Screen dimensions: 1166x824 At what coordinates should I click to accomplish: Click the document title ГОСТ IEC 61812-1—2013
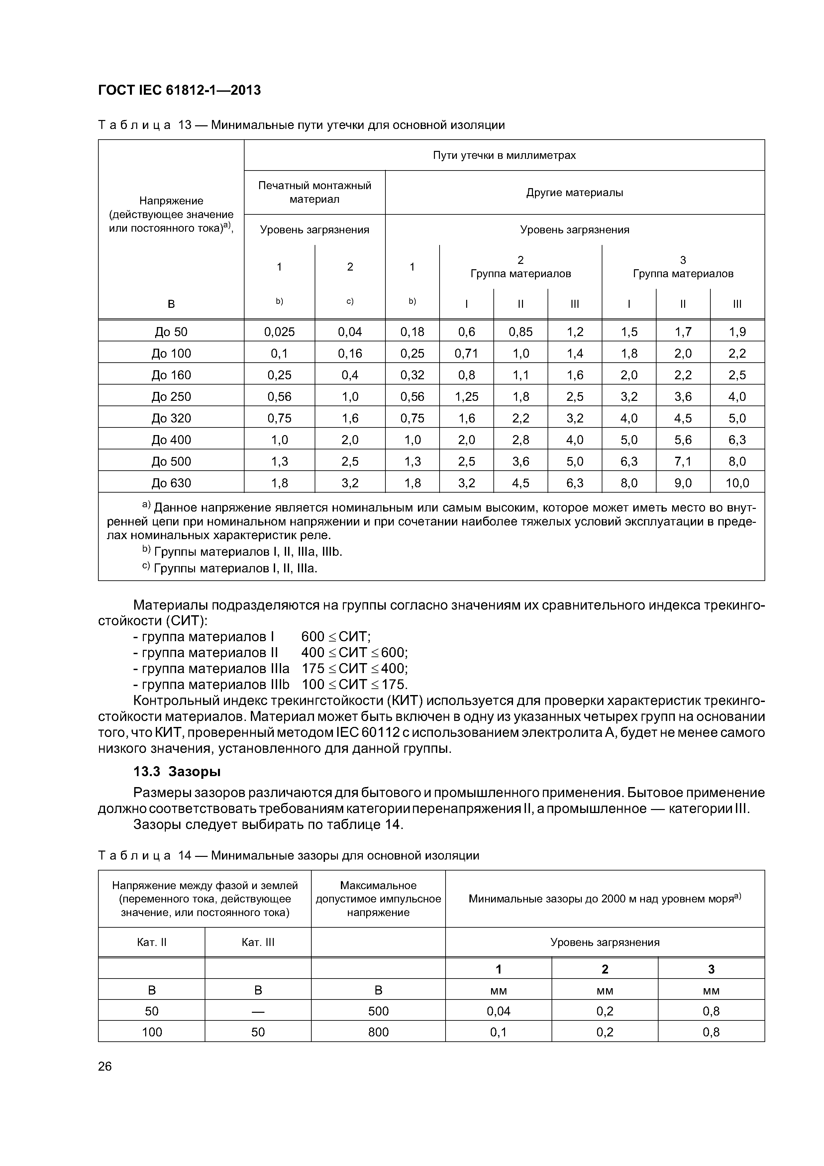pyautogui.click(x=179, y=90)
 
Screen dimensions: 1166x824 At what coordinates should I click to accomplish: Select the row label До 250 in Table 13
pyautogui.click(x=171, y=397)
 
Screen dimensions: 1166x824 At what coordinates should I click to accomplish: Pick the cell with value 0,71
pyautogui.click(x=466, y=353)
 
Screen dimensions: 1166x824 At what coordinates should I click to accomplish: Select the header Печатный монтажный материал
pyautogui.click(x=314, y=192)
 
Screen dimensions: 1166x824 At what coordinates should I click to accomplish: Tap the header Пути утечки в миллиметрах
pyautogui.click(x=504, y=156)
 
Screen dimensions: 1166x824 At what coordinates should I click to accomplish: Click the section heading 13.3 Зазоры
pyautogui.click(x=177, y=771)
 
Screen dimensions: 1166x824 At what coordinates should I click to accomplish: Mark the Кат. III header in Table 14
pyautogui.click(x=258, y=942)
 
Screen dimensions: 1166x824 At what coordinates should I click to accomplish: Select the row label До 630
pyautogui.click(x=171, y=483)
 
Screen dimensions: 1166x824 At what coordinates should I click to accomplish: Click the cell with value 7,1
pyautogui.click(x=683, y=462)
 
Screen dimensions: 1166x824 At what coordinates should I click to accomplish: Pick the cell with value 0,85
pyautogui.click(x=520, y=332)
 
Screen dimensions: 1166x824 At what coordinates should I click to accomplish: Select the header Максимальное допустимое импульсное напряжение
pyautogui.click(x=378, y=899)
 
